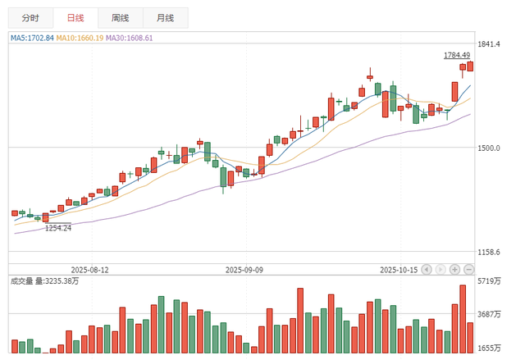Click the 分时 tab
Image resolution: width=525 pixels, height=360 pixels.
click(30, 17)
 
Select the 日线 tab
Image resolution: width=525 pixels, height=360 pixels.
click(75, 17)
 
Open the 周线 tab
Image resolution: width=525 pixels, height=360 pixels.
click(120, 17)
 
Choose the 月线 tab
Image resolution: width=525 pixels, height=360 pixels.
click(164, 17)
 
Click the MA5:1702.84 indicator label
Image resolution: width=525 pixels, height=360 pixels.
click(32, 38)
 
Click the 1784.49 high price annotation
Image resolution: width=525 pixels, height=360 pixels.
click(457, 56)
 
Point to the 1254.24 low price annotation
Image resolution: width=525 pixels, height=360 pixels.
click(58, 228)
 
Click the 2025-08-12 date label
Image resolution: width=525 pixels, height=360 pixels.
click(90, 269)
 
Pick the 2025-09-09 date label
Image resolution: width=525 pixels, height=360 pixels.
click(244, 269)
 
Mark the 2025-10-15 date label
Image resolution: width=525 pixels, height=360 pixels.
click(399, 269)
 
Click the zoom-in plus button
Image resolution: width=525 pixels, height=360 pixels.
click(454, 269)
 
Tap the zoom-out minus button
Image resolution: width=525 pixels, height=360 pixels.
click(468, 269)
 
